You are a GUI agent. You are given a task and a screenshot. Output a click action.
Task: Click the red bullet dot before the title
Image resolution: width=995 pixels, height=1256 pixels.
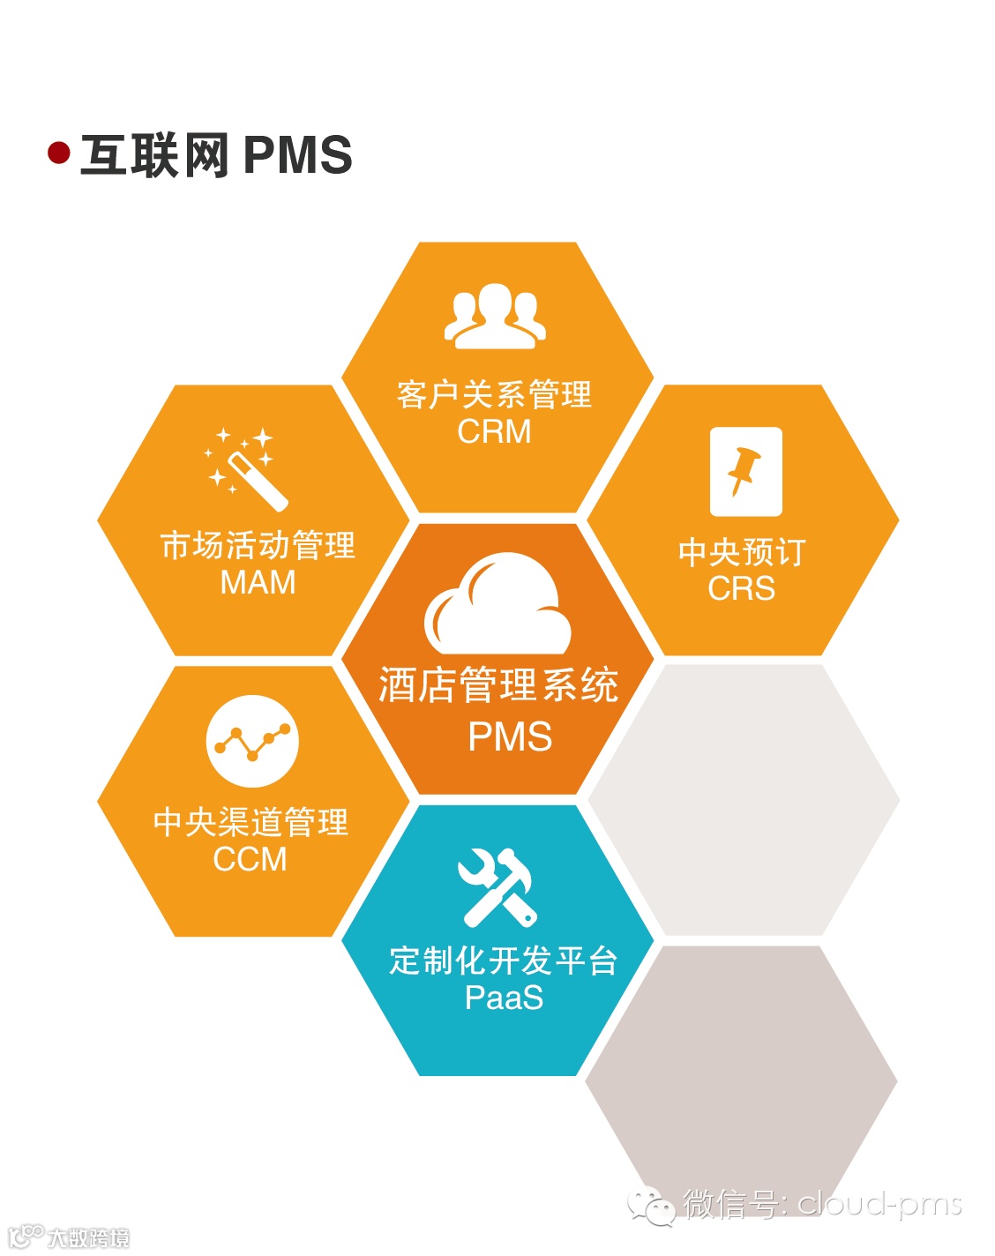59,153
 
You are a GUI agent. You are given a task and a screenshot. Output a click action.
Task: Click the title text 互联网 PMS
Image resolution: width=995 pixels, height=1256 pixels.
216,155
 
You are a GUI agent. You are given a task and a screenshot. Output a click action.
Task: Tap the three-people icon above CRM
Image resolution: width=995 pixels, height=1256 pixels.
495,315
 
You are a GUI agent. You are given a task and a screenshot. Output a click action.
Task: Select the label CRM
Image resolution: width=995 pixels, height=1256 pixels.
494,431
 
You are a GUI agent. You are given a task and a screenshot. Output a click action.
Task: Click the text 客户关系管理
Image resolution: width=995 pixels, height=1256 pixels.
494,394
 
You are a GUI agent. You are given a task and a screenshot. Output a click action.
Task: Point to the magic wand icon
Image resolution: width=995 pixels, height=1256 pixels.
246,468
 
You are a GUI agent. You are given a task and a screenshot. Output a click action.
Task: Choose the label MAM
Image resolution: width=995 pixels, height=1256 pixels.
258,582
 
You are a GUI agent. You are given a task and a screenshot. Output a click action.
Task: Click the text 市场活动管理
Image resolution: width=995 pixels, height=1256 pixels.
258,545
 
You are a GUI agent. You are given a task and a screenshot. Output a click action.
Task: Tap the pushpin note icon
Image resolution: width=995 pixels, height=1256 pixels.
745,472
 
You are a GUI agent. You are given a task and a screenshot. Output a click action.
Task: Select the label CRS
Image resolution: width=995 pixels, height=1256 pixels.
741,588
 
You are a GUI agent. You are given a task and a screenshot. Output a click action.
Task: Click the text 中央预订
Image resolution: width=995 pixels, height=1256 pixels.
741,552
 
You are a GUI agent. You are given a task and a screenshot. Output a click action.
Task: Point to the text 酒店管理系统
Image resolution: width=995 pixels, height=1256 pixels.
498,685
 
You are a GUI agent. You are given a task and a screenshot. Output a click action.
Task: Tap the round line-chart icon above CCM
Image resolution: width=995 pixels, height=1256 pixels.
252,741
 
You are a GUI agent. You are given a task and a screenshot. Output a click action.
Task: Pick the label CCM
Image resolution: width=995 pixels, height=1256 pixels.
251,858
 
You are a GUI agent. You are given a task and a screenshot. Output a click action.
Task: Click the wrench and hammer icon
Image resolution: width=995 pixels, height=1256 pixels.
497,887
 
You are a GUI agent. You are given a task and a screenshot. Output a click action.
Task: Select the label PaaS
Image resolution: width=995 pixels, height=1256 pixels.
504,998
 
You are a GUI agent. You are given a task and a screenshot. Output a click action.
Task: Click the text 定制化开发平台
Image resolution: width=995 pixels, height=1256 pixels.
504,960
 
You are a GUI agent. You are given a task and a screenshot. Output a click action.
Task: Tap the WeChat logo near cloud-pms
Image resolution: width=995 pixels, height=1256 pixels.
651,1205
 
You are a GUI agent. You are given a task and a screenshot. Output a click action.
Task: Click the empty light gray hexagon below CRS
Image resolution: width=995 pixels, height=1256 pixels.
744,800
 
